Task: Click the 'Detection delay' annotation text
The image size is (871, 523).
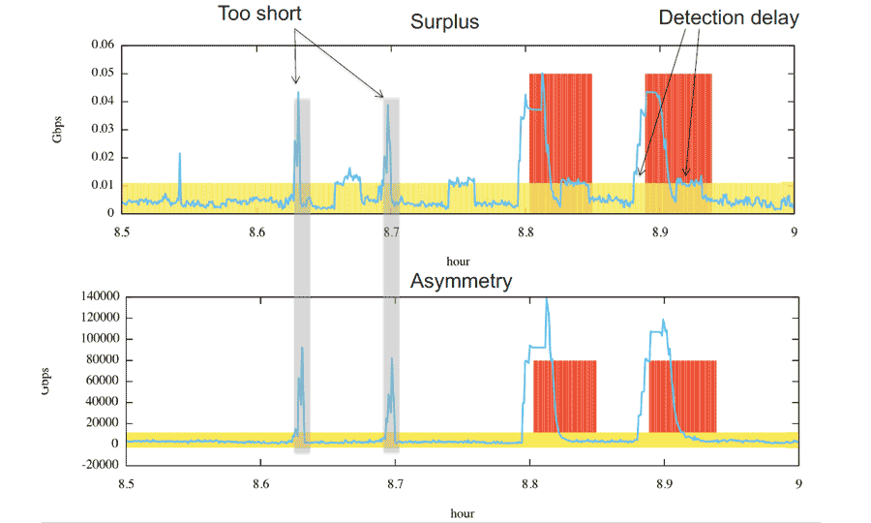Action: click(x=729, y=17)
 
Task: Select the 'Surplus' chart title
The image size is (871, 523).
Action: click(x=444, y=21)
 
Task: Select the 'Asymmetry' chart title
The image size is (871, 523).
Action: click(x=461, y=281)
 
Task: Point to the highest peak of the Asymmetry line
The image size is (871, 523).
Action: click(x=547, y=300)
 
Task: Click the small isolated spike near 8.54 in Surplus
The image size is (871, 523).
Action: click(x=179, y=154)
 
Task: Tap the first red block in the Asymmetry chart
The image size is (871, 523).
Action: click(x=564, y=397)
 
